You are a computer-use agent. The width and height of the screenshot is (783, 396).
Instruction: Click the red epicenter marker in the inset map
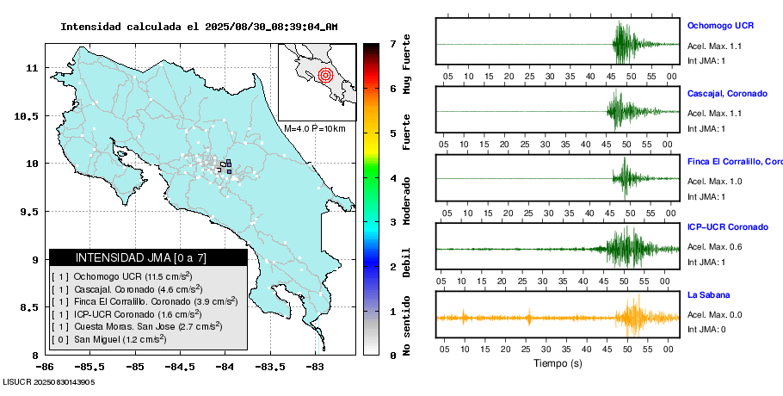coord(324,75)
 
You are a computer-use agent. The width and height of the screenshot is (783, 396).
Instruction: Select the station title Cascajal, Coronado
coord(727,93)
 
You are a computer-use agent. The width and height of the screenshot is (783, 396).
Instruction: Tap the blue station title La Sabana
coord(708,294)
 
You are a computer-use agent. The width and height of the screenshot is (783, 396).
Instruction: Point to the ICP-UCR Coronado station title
coord(727,227)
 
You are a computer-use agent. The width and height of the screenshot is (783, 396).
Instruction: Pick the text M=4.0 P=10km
coord(314,128)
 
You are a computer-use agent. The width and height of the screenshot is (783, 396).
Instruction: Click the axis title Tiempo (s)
coord(557,363)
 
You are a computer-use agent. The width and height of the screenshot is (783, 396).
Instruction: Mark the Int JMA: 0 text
coord(706,329)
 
